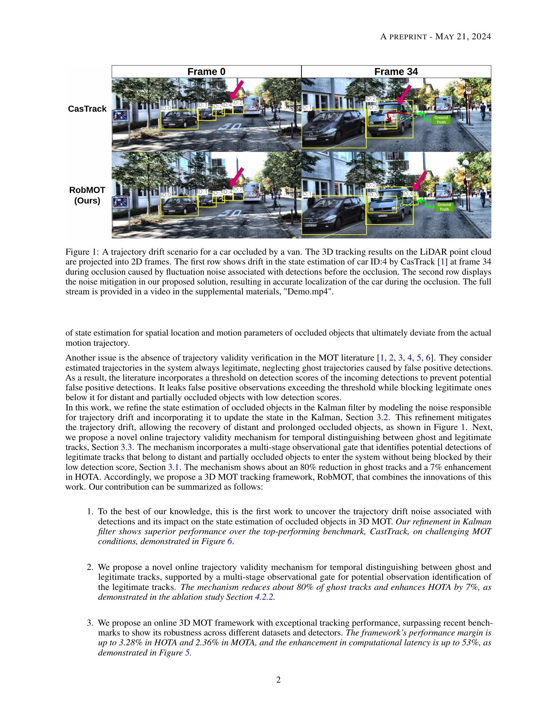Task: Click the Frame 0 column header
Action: pyautogui.click(x=206, y=72)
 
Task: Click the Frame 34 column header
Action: pyautogui.click(x=396, y=72)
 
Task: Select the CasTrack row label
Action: pyautogui.click(x=87, y=109)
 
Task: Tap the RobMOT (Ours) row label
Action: pyautogui.click(x=87, y=195)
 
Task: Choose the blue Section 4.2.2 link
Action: pyautogui.click(x=264, y=597)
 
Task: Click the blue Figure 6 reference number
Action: pyautogui.click(x=230, y=542)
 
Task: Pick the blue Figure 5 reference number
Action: pyautogui.click(x=188, y=653)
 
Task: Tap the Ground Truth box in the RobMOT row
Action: pyautogui.click(x=444, y=207)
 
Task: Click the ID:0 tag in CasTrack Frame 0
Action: pyautogui.click(x=166, y=108)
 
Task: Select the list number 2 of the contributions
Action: pyautogui.click(x=89, y=568)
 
